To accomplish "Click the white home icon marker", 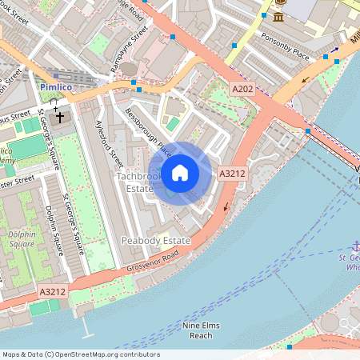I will (179, 172).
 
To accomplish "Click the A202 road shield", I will (243, 87).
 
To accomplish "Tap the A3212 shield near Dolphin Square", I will (52, 294).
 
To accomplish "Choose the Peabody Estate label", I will (155, 240).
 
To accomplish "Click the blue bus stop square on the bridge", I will (307, 130).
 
